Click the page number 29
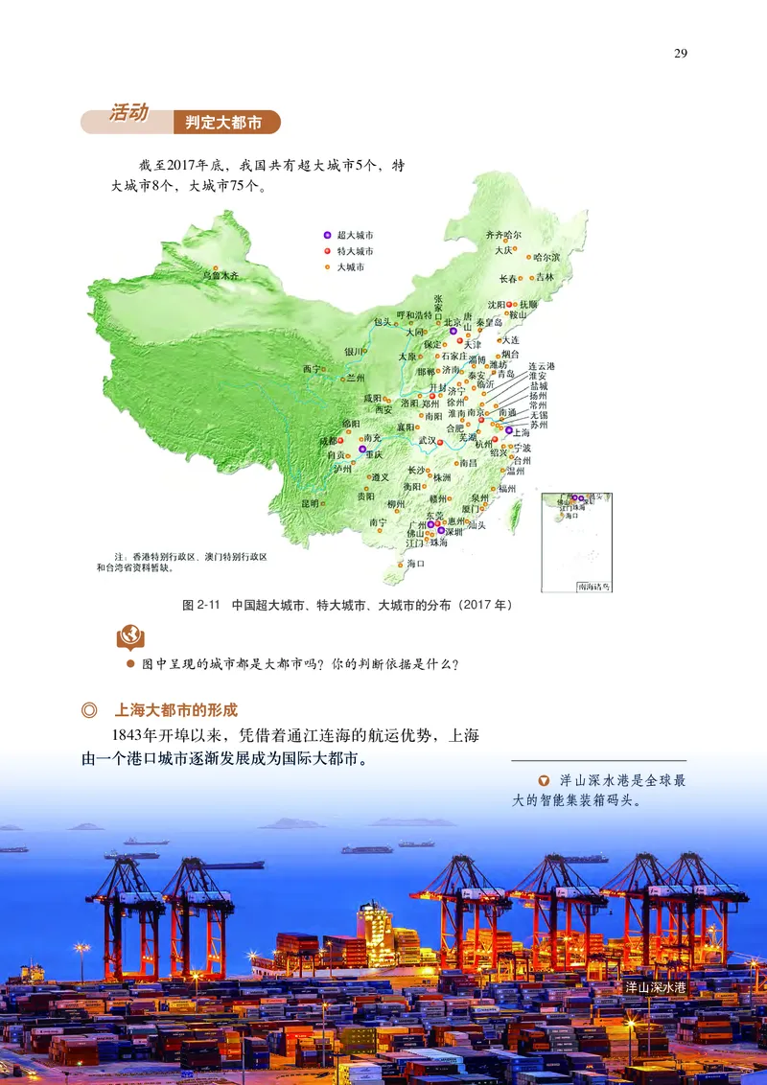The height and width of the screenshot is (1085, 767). [x=681, y=53]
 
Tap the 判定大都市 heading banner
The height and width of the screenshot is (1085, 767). [x=226, y=122]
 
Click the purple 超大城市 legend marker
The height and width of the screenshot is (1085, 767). [x=326, y=235]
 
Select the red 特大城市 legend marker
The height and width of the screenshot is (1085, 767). [x=326, y=251]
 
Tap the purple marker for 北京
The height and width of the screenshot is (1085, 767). [x=453, y=332]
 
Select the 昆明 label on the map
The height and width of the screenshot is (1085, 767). [x=310, y=502]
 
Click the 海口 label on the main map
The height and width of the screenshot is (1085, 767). [x=415, y=564]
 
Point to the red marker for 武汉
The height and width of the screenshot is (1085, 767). [x=441, y=442]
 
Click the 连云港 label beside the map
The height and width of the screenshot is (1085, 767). [x=542, y=367]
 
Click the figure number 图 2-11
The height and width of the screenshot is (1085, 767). [x=201, y=606]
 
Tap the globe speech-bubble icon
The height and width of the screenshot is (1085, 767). [x=128, y=635]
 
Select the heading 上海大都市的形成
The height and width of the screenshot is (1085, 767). [x=175, y=710]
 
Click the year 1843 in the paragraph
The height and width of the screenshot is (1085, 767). [x=131, y=736]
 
